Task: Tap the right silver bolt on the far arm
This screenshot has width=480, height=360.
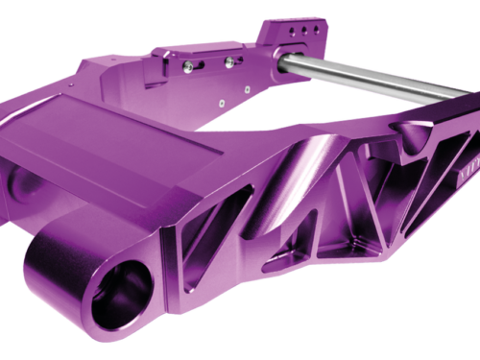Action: tap(228, 61)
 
